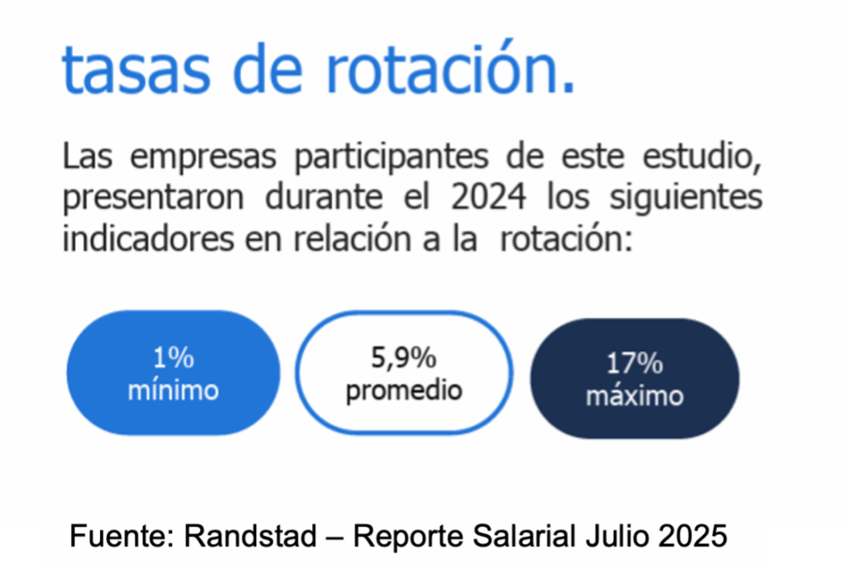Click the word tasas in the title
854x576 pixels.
(x=136, y=70)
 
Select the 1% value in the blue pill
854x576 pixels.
(x=173, y=358)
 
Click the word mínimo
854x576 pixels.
(x=173, y=390)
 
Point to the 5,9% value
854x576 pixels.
(x=404, y=358)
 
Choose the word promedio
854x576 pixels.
(x=404, y=391)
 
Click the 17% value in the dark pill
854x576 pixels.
(x=635, y=363)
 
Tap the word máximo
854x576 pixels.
(x=635, y=396)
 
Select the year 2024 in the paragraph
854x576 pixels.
(x=489, y=197)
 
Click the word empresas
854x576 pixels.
(x=203, y=158)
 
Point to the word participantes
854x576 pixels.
(x=392, y=158)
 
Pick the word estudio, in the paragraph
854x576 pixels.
(x=702, y=156)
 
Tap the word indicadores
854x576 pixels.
(x=148, y=238)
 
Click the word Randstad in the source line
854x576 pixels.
(x=250, y=536)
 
